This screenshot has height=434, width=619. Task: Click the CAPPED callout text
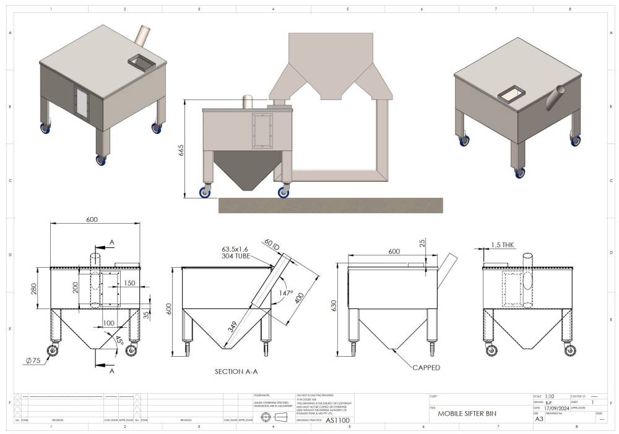426,367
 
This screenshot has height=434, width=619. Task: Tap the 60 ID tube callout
272,244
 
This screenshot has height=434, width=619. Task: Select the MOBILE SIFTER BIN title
467,414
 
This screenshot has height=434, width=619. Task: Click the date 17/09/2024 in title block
556,408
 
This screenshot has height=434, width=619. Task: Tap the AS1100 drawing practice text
338,419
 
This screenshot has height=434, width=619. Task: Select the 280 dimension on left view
37,288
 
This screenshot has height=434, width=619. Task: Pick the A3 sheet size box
539,419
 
